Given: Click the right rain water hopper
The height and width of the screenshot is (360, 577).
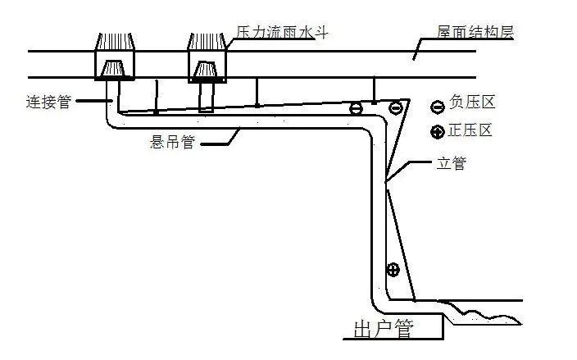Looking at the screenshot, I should [206, 57].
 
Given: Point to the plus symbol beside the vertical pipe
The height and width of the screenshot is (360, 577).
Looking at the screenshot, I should [393, 268].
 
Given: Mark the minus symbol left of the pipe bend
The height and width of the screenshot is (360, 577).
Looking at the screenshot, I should [356, 108].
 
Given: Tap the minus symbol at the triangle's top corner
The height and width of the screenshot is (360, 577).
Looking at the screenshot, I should [395, 107].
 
